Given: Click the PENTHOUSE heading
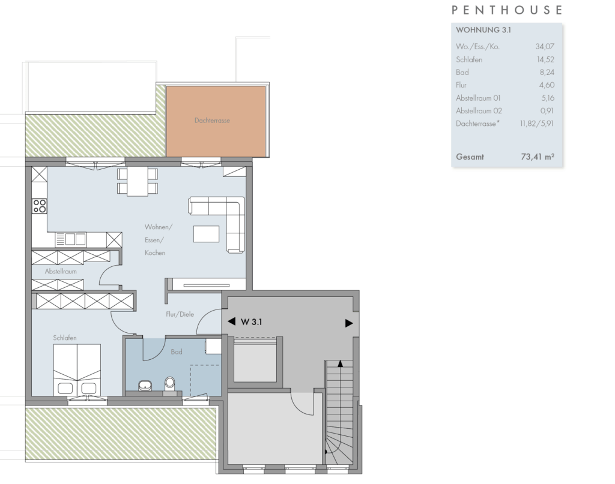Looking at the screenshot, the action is click(x=507, y=10).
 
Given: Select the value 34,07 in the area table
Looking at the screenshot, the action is click(x=545, y=47).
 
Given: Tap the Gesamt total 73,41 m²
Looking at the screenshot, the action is click(x=538, y=157).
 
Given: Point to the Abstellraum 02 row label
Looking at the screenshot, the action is click(x=479, y=111).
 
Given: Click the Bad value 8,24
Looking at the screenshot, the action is click(x=547, y=73).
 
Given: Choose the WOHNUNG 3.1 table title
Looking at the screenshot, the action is click(x=483, y=30).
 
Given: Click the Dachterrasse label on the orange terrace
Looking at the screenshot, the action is click(x=212, y=121).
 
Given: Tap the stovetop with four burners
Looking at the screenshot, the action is click(x=39, y=206).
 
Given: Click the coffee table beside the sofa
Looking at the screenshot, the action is click(x=207, y=234).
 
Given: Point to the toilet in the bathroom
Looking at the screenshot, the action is click(x=170, y=384).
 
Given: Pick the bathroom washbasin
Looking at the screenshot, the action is click(x=145, y=386).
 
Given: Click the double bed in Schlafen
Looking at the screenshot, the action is click(x=77, y=369).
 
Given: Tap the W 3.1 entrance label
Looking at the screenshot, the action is click(x=251, y=322).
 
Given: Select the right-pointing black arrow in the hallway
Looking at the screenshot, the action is click(x=349, y=323).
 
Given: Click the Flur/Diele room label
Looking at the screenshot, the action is click(x=180, y=314).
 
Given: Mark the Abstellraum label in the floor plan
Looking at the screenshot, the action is click(x=61, y=271).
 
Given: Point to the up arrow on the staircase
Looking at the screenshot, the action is click(x=340, y=364).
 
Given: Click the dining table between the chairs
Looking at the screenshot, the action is click(x=138, y=181).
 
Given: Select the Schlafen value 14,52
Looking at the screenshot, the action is click(x=545, y=59).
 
